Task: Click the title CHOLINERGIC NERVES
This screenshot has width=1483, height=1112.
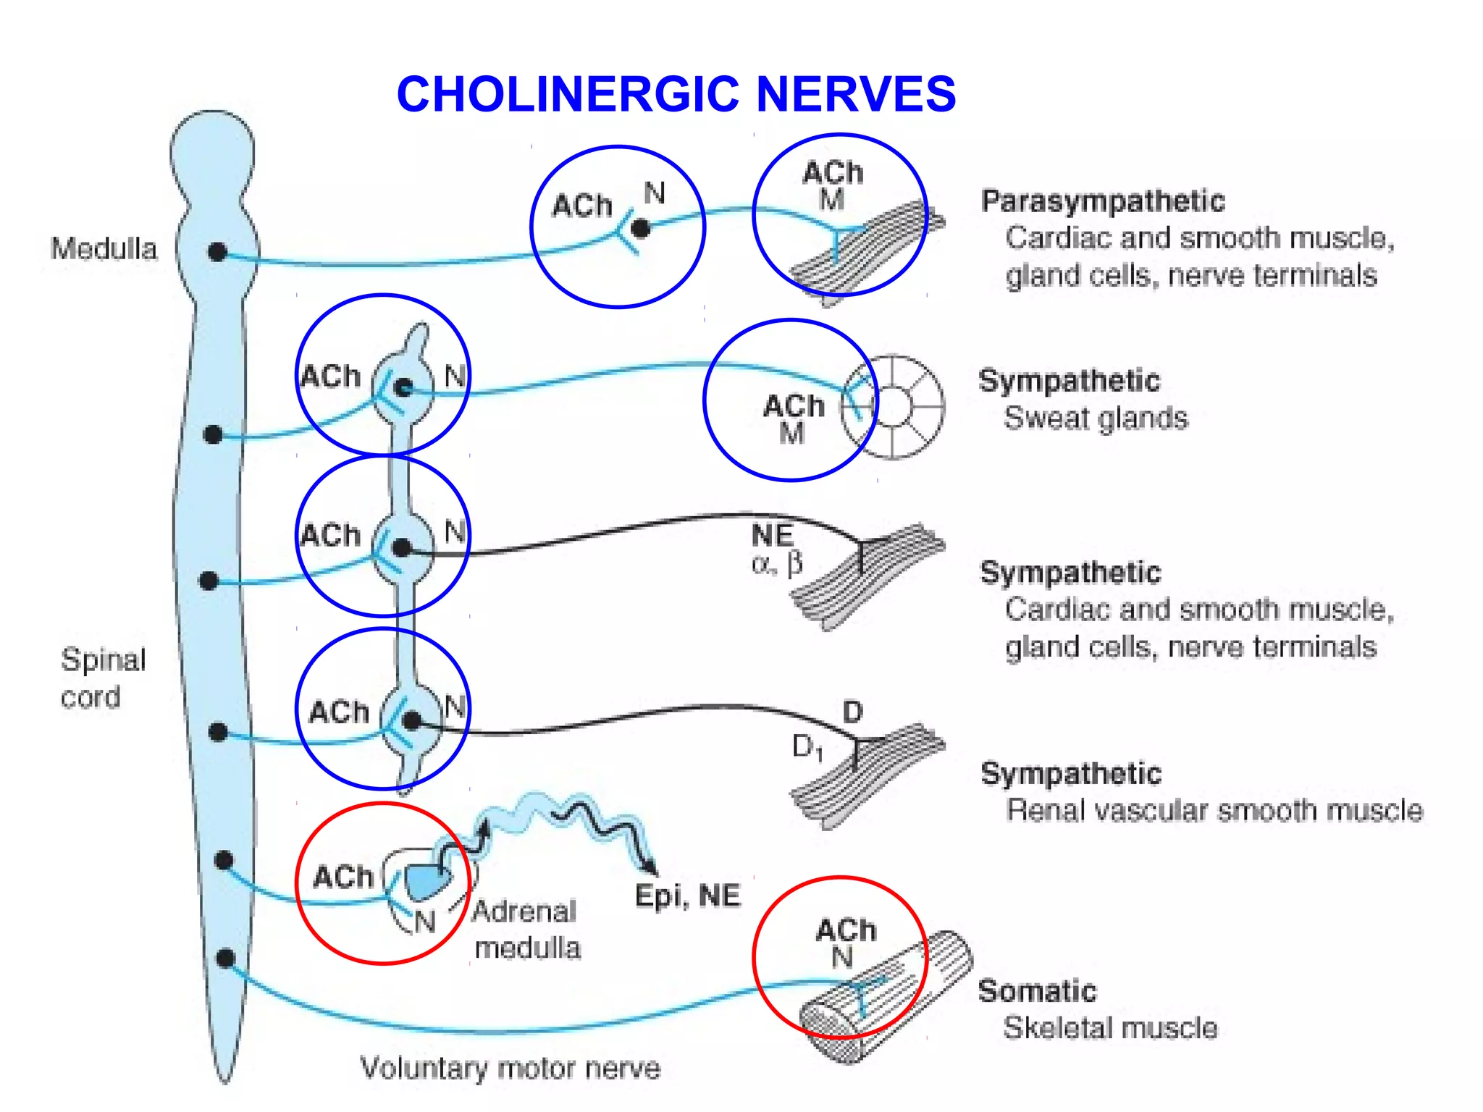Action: click(676, 94)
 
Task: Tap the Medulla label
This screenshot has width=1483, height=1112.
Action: click(104, 249)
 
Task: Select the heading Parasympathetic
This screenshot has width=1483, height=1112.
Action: click(1102, 201)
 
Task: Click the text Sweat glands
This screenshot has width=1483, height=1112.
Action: click(1096, 418)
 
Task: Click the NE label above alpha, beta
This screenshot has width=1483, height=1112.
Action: click(772, 536)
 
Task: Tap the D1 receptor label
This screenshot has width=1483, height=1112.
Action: click(807, 746)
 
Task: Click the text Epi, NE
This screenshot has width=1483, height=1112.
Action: click(687, 896)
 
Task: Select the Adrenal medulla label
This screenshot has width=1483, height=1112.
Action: click(526, 930)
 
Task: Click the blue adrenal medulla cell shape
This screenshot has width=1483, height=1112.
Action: click(427, 881)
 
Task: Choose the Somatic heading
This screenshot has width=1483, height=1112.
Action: click(1037, 991)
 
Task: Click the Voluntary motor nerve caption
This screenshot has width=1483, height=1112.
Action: click(511, 1069)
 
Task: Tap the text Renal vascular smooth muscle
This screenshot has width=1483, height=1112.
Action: click(1214, 811)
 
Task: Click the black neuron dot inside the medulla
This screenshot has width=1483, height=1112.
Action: click(217, 252)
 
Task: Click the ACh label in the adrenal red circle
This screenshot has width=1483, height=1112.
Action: click(343, 877)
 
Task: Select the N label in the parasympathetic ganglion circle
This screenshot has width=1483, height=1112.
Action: click(655, 193)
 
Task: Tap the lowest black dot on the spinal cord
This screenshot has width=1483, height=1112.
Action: click(226, 959)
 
